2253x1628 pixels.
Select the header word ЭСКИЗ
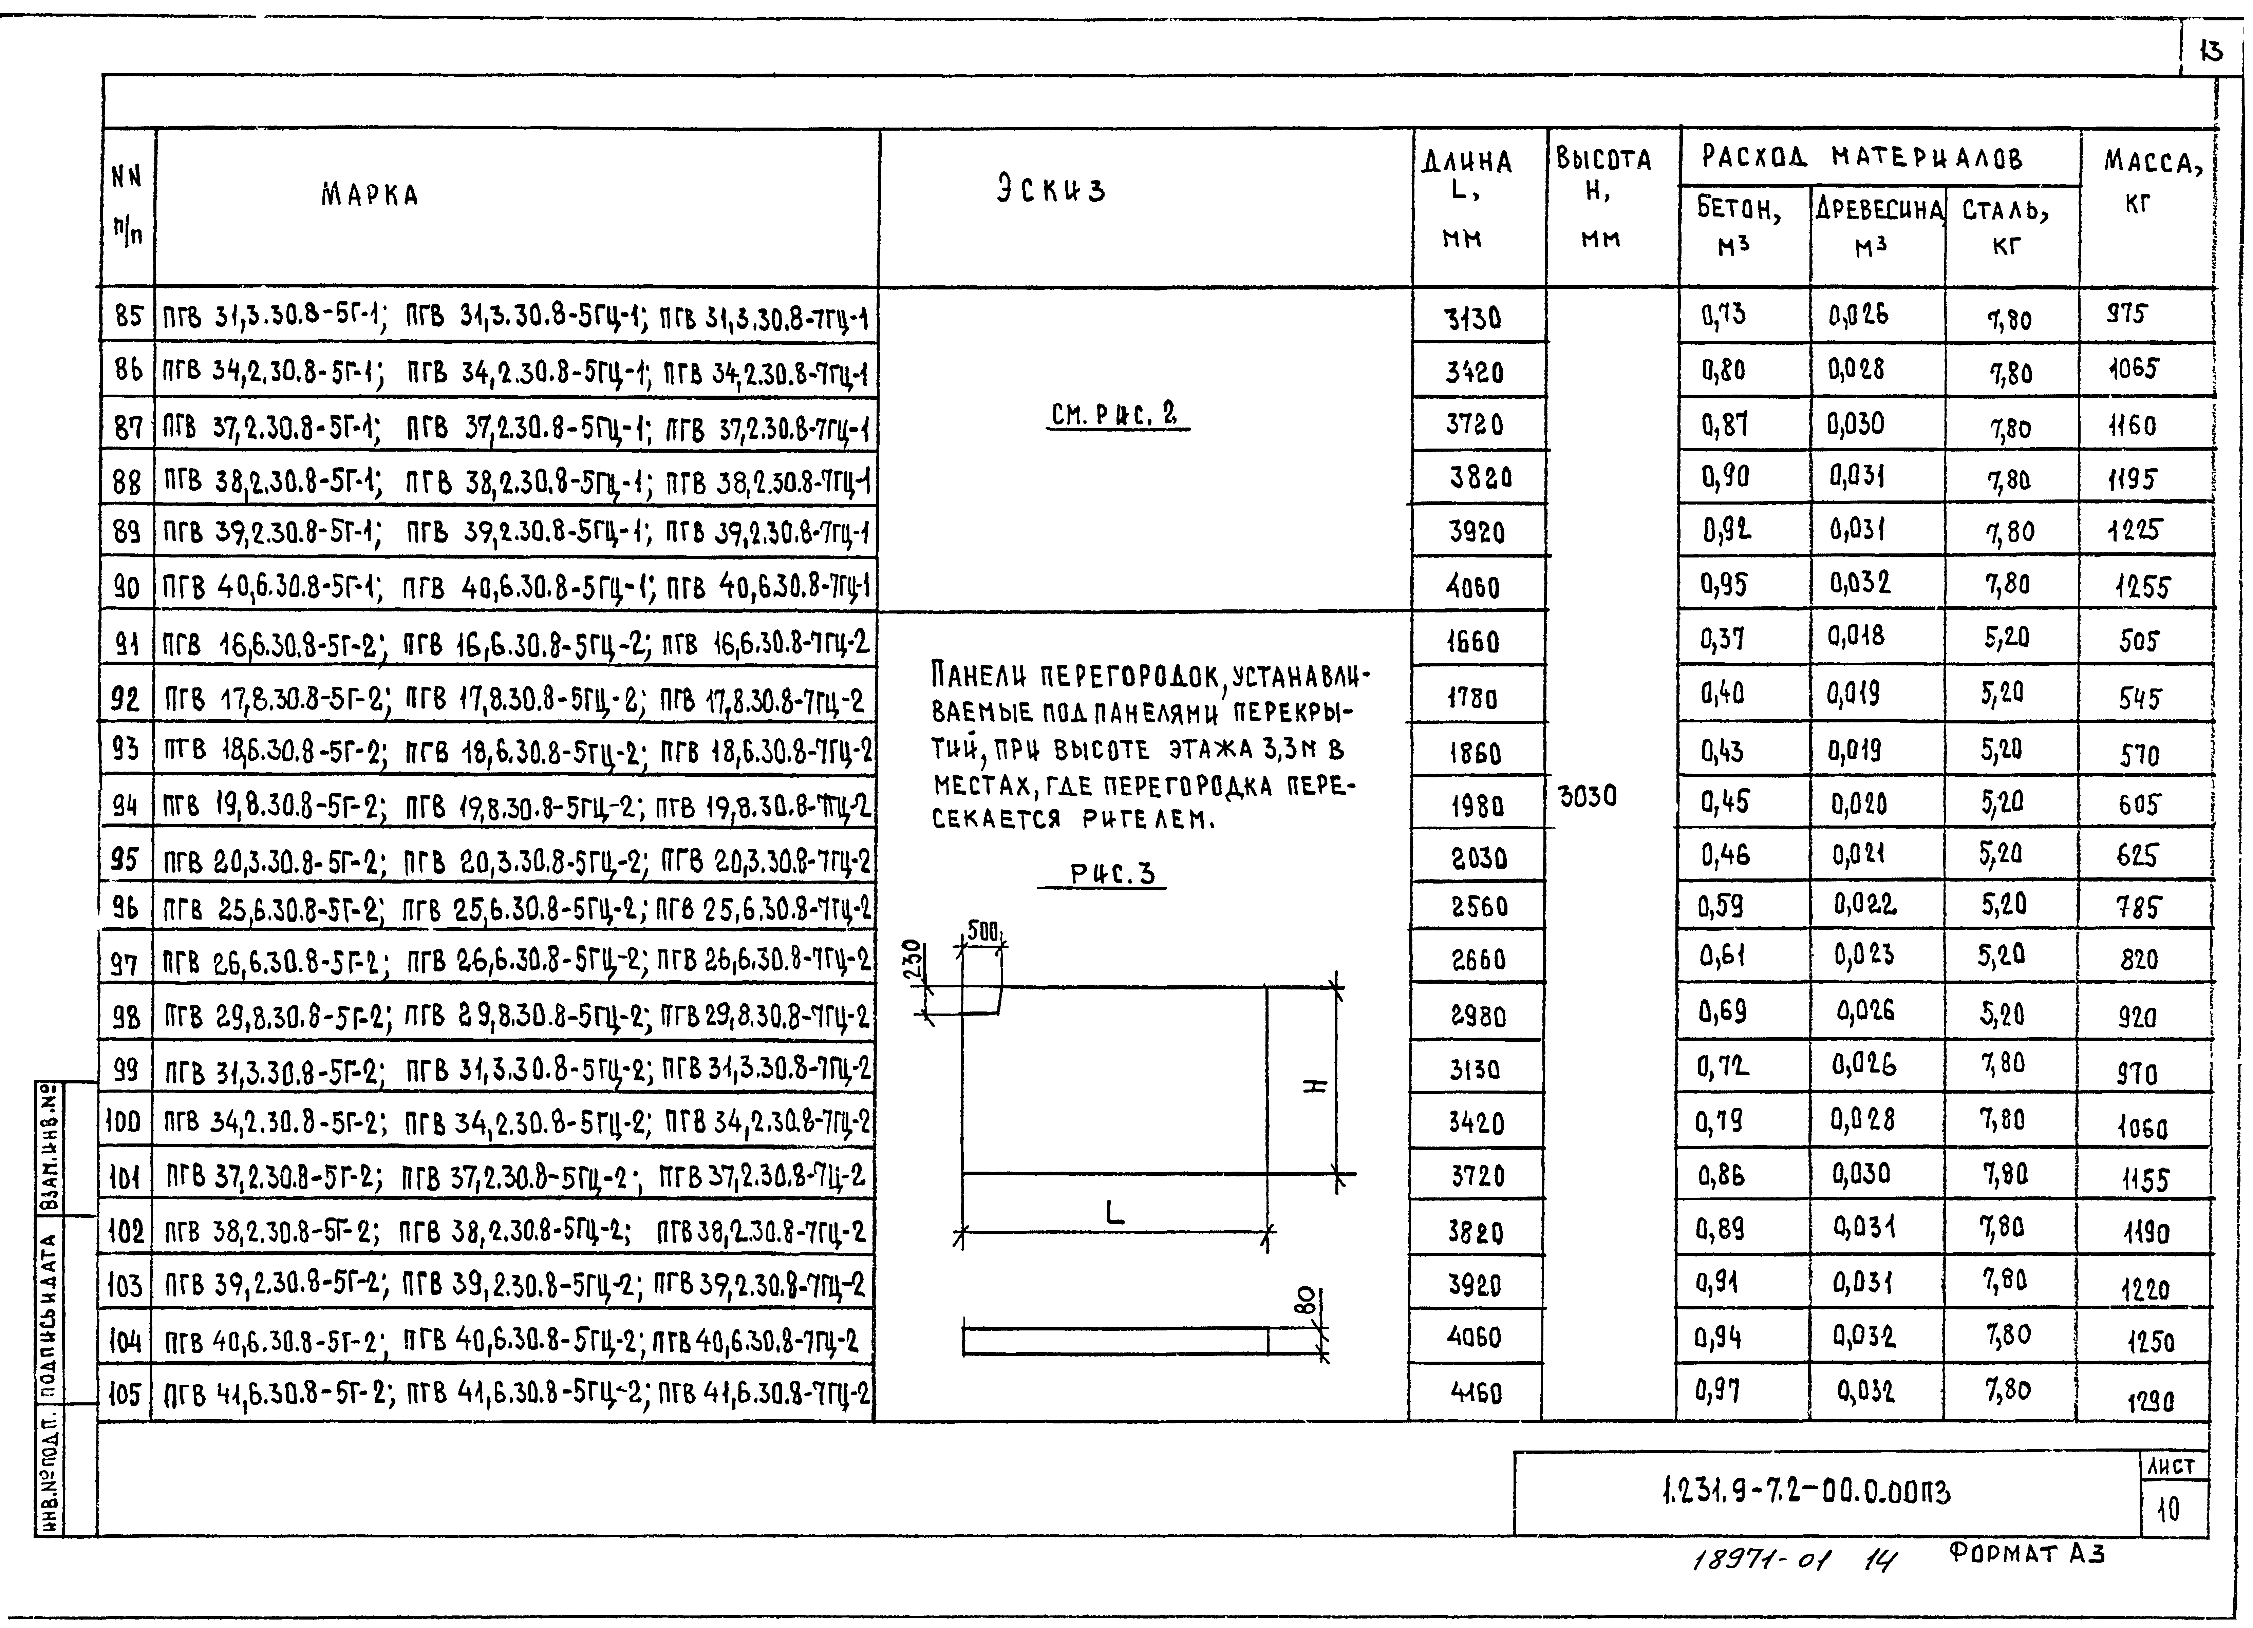click(x=1051, y=190)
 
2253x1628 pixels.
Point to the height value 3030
click(x=1588, y=797)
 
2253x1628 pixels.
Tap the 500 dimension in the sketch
click(x=982, y=932)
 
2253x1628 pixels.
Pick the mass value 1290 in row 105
click(x=2150, y=1402)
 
